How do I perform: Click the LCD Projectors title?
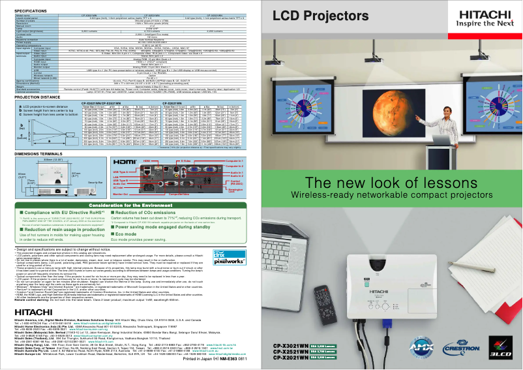pos(327,15)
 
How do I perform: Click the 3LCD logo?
pos(506,352)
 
